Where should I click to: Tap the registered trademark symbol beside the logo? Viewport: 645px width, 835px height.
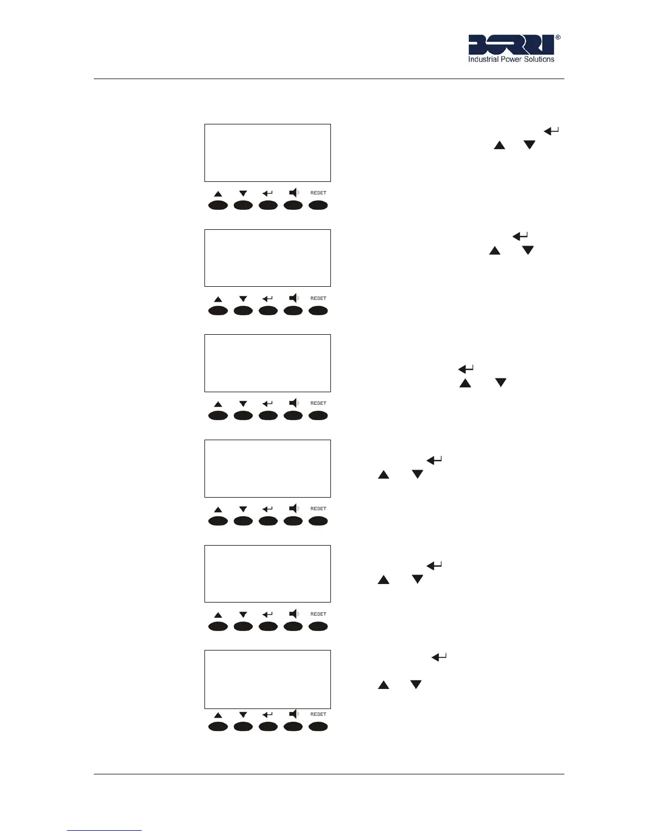(x=558, y=37)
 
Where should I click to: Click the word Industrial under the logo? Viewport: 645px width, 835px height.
(x=483, y=60)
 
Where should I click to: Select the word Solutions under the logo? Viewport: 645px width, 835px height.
(x=539, y=60)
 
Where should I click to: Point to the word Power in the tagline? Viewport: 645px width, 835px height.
(x=511, y=60)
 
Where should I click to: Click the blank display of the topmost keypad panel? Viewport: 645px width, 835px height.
(x=268, y=153)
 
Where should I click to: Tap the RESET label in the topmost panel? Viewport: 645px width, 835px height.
(x=318, y=193)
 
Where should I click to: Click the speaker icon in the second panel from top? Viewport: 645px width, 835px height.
(x=294, y=298)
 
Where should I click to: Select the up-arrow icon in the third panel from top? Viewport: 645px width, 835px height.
(x=218, y=404)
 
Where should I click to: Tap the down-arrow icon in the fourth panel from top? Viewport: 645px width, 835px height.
(x=243, y=509)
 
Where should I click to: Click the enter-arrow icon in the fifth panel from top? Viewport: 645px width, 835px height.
(x=268, y=615)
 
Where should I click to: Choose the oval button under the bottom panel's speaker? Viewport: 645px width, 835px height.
(x=293, y=726)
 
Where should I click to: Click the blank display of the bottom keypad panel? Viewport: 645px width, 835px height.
(x=268, y=679)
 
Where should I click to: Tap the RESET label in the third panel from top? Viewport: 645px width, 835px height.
(x=318, y=403)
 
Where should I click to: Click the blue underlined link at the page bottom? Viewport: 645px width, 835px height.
(x=104, y=830)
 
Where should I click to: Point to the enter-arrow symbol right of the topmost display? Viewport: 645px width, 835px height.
(x=551, y=131)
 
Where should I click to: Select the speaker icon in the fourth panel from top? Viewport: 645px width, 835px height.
(x=294, y=509)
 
